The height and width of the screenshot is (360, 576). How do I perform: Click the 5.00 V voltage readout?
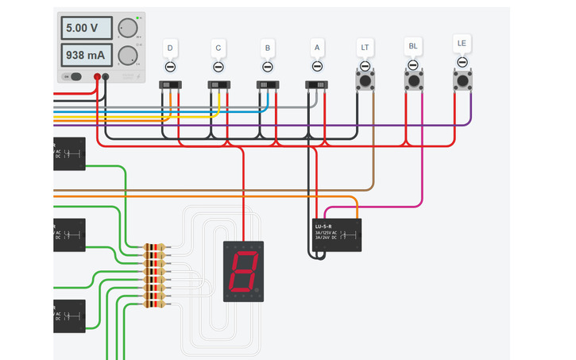click(82, 28)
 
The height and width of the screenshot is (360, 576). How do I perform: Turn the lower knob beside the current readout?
click(126, 56)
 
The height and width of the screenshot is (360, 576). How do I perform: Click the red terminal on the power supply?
click(98, 76)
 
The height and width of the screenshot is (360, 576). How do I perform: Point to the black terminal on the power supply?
click(106, 76)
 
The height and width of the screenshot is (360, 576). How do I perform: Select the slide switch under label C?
click(218, 85)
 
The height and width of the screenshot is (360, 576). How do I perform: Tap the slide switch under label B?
click(268, 85)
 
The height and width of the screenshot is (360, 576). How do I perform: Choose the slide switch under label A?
click(316, 85)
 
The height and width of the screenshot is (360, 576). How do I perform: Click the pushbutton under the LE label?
click(462, 79)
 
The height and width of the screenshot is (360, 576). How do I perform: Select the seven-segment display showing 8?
click(242, 270)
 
